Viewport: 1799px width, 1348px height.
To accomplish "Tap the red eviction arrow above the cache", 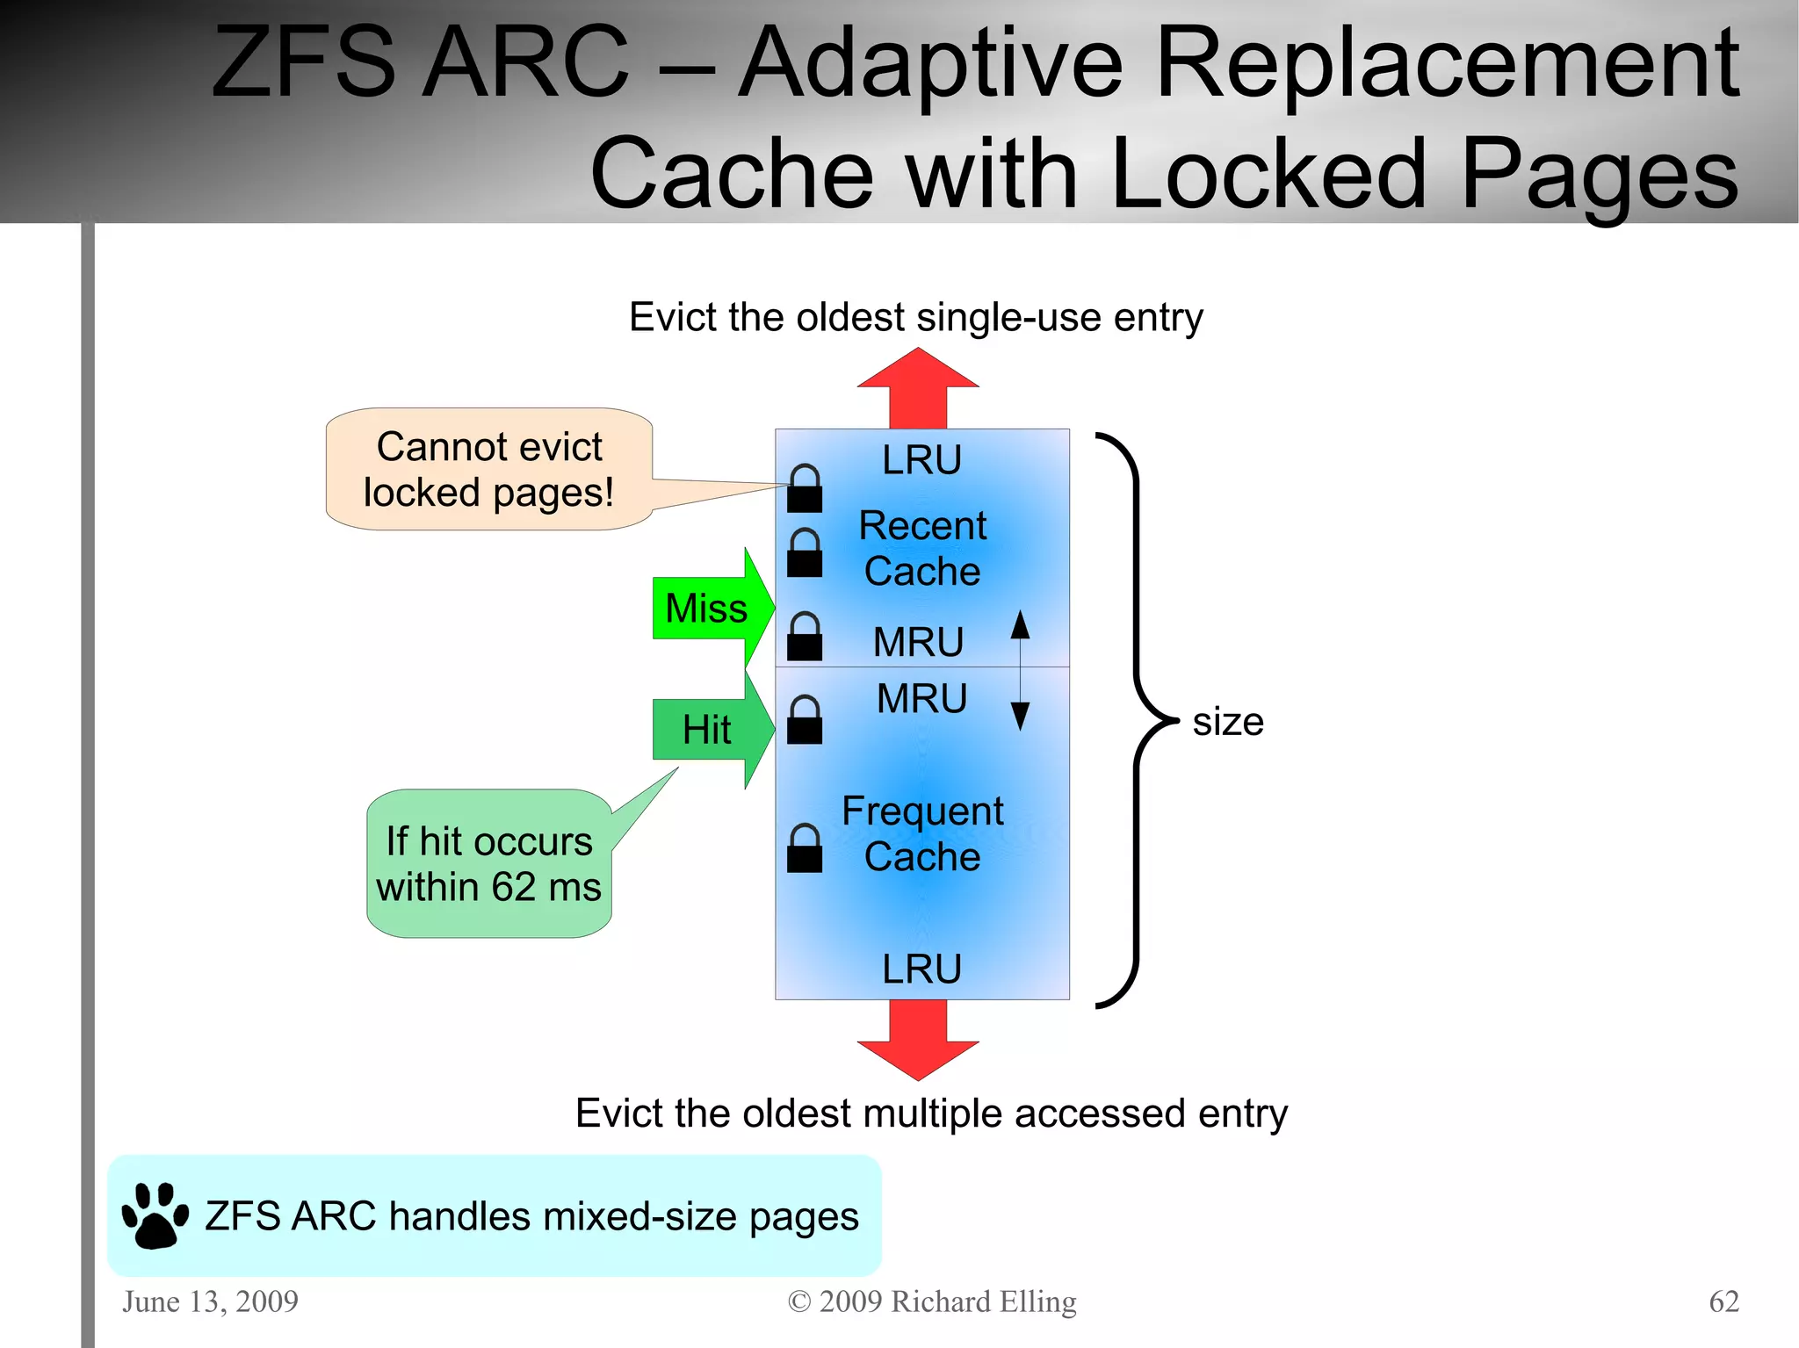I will tap(918, 386).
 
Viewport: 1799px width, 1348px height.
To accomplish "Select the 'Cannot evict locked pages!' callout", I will tap(488, 469).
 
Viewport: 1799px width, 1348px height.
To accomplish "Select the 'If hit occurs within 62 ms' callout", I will tap(488, 864).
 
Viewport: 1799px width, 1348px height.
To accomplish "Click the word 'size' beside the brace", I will tap(1227, 722).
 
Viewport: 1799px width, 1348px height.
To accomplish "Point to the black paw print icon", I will tap(155, 1215).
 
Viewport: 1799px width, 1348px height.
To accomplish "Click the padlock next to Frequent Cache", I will tap(805, 848).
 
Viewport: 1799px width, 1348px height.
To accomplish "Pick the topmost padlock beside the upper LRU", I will tap(805, 488).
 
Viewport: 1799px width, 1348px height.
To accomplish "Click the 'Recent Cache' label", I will tap(922, 548).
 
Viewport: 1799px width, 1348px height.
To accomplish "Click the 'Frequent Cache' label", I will tap(922, 833).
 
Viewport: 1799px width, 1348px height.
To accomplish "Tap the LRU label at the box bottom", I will tap(922, 970).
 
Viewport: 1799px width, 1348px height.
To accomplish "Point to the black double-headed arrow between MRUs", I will tap(1020, 671).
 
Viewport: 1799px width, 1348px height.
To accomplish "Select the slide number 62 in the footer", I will tap(1723, 1301).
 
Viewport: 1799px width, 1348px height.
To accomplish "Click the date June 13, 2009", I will tap(210, 1301).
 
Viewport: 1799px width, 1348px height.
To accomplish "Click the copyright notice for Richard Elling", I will tap(932, 1301).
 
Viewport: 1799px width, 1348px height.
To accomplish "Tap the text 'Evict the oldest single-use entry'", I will tap(916, 317).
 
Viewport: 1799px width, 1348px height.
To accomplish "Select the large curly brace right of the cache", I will tap(1138, 720).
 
